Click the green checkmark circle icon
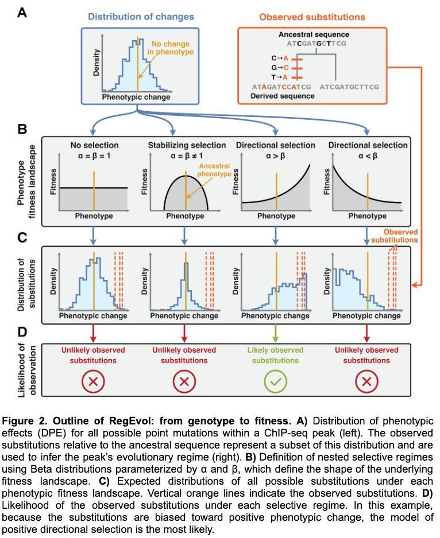pos(275,381)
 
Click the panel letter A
pos(22,12)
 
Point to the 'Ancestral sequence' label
pos(314,34)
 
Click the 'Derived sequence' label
pos(283,96)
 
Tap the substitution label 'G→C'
pos(279,67)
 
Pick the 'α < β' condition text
pos(368,155)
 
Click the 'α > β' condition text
pos(276,155)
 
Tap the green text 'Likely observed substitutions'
pos(276,355)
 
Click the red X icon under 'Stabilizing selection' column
pos(184,381)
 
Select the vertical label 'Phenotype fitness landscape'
pos(26,182)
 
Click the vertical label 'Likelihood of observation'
pos(26,370)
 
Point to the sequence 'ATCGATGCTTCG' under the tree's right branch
pos(349,87)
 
